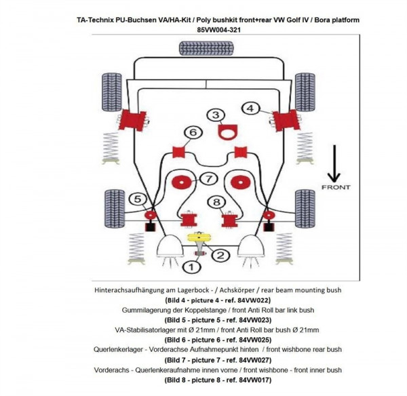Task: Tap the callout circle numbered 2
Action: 219,256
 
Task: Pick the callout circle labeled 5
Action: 138,199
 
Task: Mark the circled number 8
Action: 216,201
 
